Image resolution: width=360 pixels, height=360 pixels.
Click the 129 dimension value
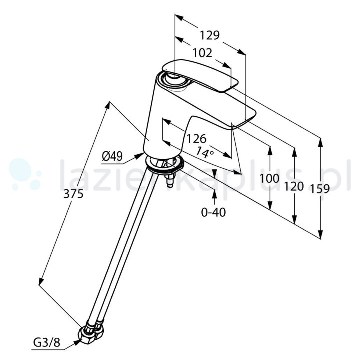pyautogui.click(x=210, y=35)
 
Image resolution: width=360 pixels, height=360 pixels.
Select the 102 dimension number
pyautogui.click(x=202, y=53)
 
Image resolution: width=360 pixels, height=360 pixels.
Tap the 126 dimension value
pyautogui.click(x=197, y=138)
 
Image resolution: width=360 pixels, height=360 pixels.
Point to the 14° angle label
pyautogui.click(x=205, y=152)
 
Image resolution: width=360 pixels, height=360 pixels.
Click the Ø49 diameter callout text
pyautogui.click(x=112, y=157)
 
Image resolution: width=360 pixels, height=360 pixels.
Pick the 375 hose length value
pyautogui.click(x=73, y=194)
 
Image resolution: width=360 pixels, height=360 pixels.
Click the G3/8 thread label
pyautogui.click(x=47, y=343)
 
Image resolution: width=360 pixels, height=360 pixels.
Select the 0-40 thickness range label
pyautogui.click(x=213, y=212)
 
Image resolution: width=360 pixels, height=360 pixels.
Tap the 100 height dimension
pyautogui.click(x=269, y=178)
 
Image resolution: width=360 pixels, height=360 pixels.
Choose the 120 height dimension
pyautogui.click(x=294, y=186)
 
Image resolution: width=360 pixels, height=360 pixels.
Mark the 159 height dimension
pyautogui.click(x=320, y=189)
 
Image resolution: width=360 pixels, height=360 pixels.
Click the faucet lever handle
pyautogui.click(x=200, y=76)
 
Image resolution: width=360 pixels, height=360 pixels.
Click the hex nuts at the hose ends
pyautogui.click(x=91, y=332)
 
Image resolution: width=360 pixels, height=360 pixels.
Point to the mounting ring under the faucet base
pyautogui.click(x=165, y=164)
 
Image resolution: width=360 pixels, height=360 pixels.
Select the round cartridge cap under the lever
pyautogui.click(x=177, y=81)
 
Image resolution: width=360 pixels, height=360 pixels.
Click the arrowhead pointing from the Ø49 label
pyautogui.click(x=139, y=156)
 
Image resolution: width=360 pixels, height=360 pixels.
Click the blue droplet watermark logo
pyautogui.click(x=25, y=174)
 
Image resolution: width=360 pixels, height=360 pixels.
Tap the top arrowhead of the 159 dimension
pyautogui.click(x=320, y=143)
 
